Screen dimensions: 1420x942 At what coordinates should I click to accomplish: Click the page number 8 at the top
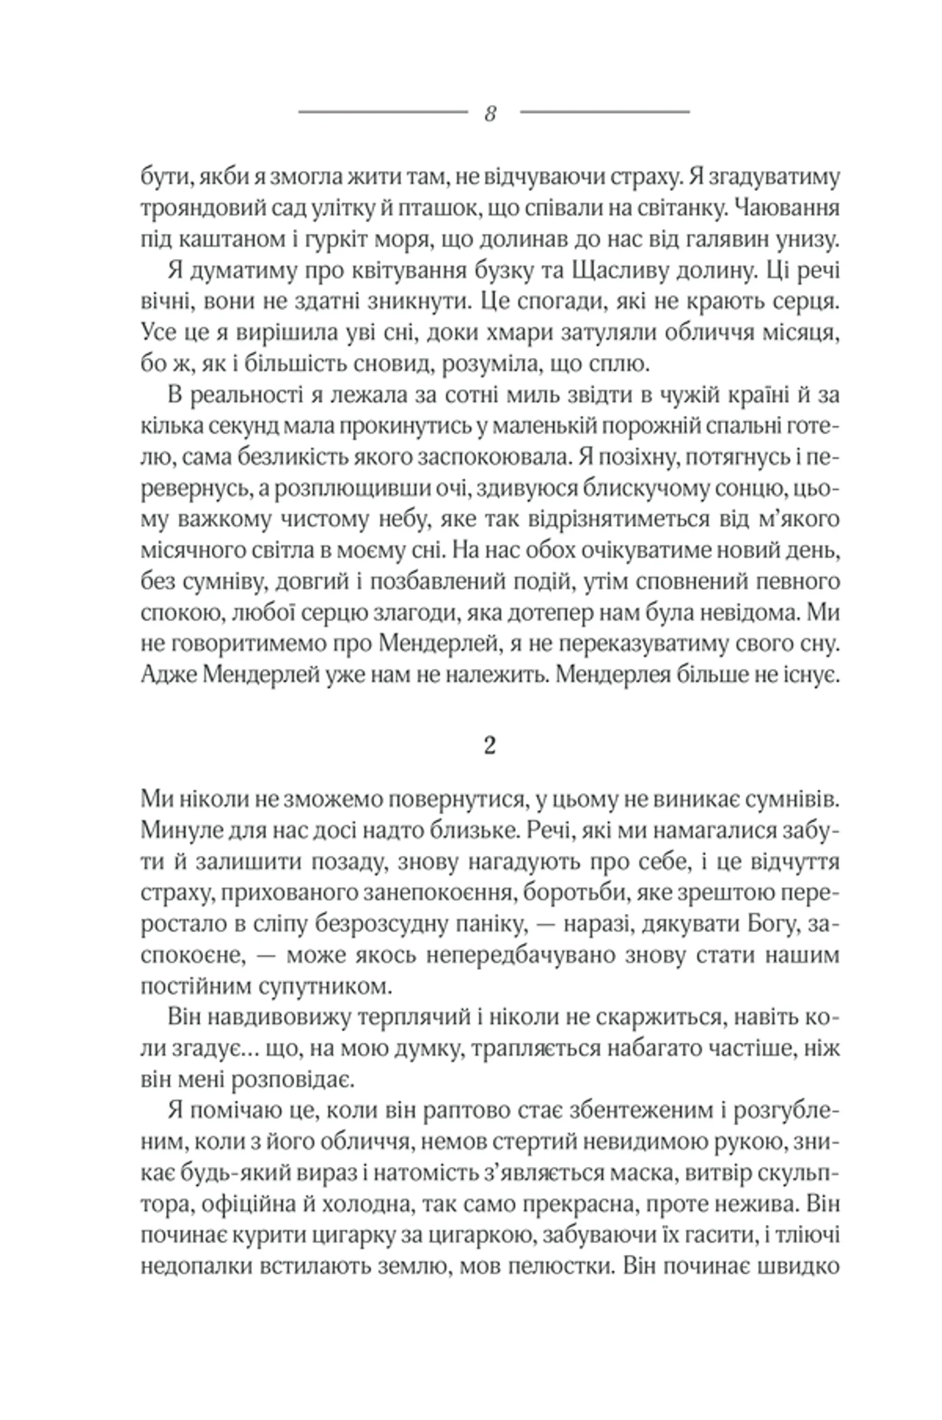[490, 113]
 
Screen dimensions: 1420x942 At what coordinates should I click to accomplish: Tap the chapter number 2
[490, 747]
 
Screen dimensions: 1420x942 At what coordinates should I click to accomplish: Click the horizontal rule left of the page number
[383, 112]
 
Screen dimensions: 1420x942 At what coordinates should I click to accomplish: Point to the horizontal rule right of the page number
[604, 112]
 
